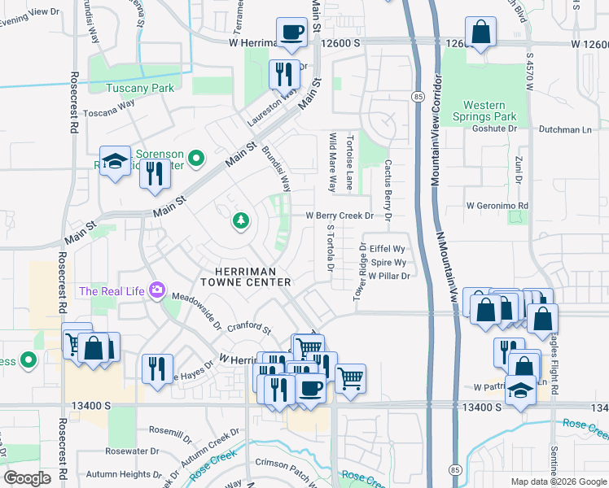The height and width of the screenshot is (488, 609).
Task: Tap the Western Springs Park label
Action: click(x=489, y=111)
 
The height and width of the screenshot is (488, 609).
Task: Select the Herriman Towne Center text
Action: click(x=252, y=277)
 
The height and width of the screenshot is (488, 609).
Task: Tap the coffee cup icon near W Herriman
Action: click(x=292, y=33)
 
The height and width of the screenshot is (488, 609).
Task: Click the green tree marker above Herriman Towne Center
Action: click(x=240, y=220)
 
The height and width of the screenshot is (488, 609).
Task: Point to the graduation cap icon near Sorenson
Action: click(x=115, y=161)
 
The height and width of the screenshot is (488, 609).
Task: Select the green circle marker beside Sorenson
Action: click(x=195, y=158)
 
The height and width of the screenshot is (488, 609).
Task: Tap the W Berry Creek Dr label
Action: click(x=339, y=216)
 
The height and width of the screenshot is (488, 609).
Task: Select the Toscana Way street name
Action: click(x=109, y=105)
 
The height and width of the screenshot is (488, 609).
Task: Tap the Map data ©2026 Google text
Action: click(x=558, y=481)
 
